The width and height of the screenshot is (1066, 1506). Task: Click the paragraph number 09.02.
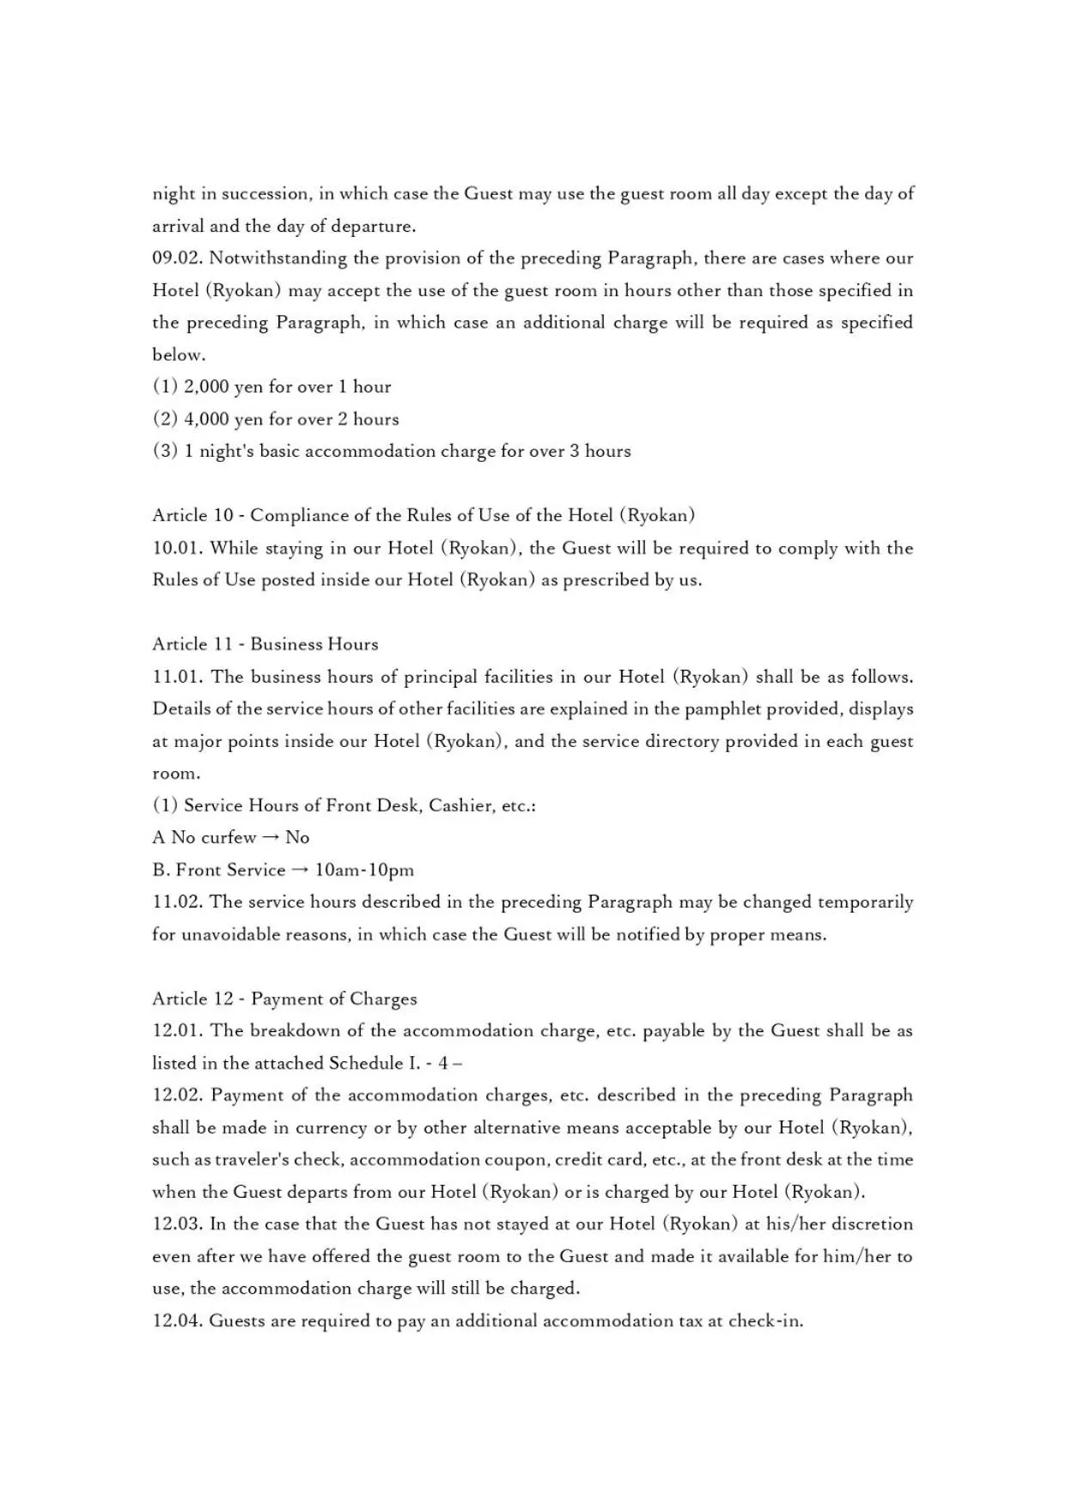coord(177,258)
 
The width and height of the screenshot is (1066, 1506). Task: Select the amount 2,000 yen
coord(222,387)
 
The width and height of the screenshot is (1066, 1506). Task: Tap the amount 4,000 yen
coord(222,420)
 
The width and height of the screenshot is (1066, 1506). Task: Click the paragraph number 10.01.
coord(177,549)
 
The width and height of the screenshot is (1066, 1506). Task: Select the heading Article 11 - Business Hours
coord(265,645)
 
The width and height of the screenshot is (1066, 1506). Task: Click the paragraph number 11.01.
coord(177,677)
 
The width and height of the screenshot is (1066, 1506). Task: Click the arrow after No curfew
coord(271,838)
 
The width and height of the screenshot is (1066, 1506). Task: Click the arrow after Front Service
coord(300,871)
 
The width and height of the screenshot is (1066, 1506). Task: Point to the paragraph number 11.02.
coord(177,902)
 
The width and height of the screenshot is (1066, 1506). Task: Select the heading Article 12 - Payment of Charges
coord(284,999)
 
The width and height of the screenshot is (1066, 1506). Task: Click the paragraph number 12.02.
coord(177,1096)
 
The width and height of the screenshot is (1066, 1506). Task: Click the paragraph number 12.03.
coord(177,1224)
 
